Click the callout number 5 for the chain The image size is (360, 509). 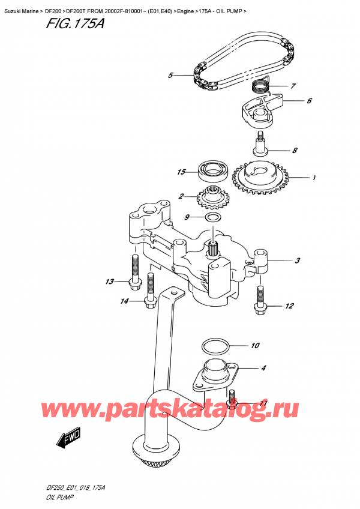(170, 76)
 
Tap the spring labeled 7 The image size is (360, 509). (260, 85)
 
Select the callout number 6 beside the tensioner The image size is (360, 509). (308, 101)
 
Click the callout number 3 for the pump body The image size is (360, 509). (298, 261)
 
